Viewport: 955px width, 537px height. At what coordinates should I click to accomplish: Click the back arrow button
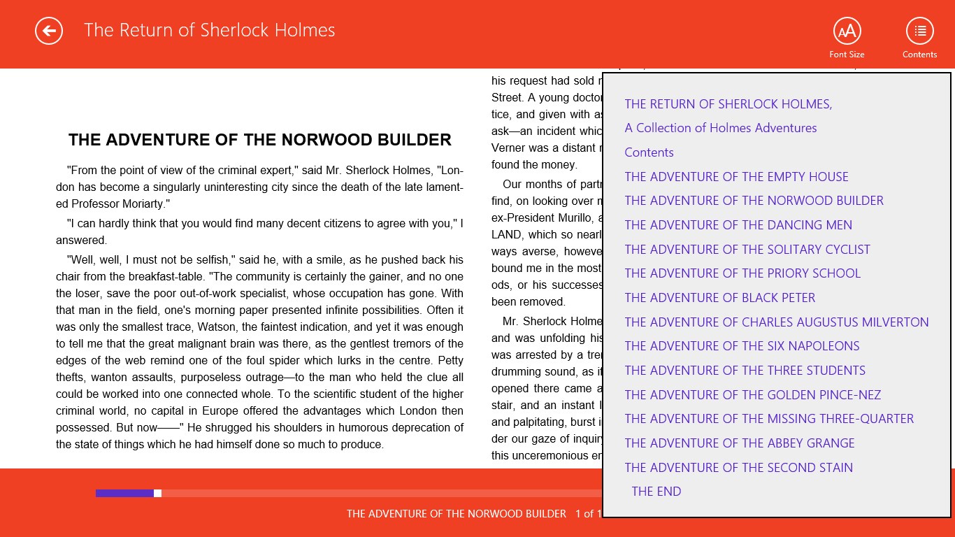pyautogui.click(x=49, y=31)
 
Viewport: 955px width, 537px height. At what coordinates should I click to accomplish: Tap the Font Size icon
pyautogui.click(x=847, y=31)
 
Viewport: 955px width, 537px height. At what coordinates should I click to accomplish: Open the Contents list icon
pyautogui.click(x=920, y=31)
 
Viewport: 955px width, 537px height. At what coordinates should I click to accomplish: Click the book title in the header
pyautogui.click(x=210, y=30)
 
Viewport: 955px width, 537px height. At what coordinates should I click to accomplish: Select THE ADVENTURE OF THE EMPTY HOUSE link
pyautogui.click(x=736, y=177)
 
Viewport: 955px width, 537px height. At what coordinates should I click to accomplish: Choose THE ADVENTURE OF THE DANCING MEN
pyautogui.click(x=738, y=225)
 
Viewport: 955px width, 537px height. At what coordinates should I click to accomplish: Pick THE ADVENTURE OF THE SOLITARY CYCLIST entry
pyautogui.click(x=747, y=250)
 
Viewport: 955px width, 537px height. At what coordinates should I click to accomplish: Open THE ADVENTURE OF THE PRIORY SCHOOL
pyautogui.click(x=742, y=273)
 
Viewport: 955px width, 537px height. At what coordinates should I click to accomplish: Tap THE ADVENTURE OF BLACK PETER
pyautogui.click(x=720, y=298)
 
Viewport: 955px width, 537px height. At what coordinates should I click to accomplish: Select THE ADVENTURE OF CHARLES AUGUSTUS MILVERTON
pyautogui.click(x=777, y=322)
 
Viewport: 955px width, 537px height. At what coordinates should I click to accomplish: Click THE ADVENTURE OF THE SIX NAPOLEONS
pyautogui.click(x=742, y=346)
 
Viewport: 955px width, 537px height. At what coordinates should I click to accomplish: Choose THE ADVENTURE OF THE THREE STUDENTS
pyautogui.click(x=745, y=371)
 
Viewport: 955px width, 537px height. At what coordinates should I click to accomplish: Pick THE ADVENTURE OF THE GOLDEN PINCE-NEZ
pyautogui.click(x=753, y=395)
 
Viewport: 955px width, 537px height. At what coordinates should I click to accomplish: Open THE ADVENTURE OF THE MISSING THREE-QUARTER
pyautogui.click(x=769, y=419)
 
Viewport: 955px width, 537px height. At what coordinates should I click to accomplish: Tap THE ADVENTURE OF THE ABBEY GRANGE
pyautogui.click(x=740, y=443)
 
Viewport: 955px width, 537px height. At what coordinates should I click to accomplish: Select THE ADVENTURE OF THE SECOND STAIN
pyautogui.click(x=739, y=468)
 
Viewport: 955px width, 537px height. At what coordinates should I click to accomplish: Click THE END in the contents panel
pyautogui.click(x=656, y=492)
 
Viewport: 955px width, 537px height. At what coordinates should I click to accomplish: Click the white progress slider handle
pyautogui.click(x=158, y=494)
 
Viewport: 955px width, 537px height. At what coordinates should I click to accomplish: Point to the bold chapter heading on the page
pyautogui.click(x=259, y=140)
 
